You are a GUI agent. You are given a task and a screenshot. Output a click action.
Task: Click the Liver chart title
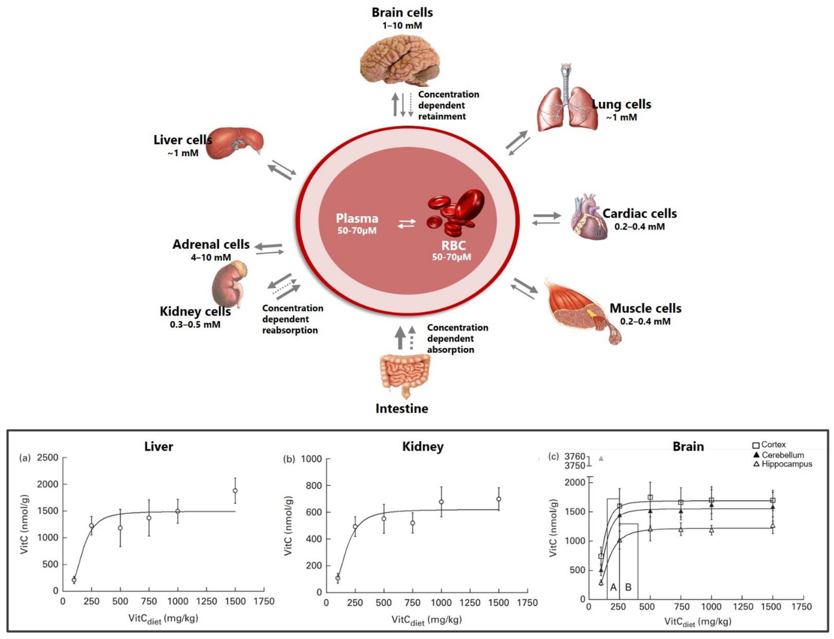(x=159, y=446)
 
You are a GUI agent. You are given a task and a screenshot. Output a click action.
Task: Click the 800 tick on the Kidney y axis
(x=314, y=486)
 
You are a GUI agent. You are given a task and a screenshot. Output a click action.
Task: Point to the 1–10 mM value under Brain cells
(x=402, y=26)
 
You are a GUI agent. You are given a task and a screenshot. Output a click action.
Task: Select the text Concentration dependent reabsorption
(x=292, y=319)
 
